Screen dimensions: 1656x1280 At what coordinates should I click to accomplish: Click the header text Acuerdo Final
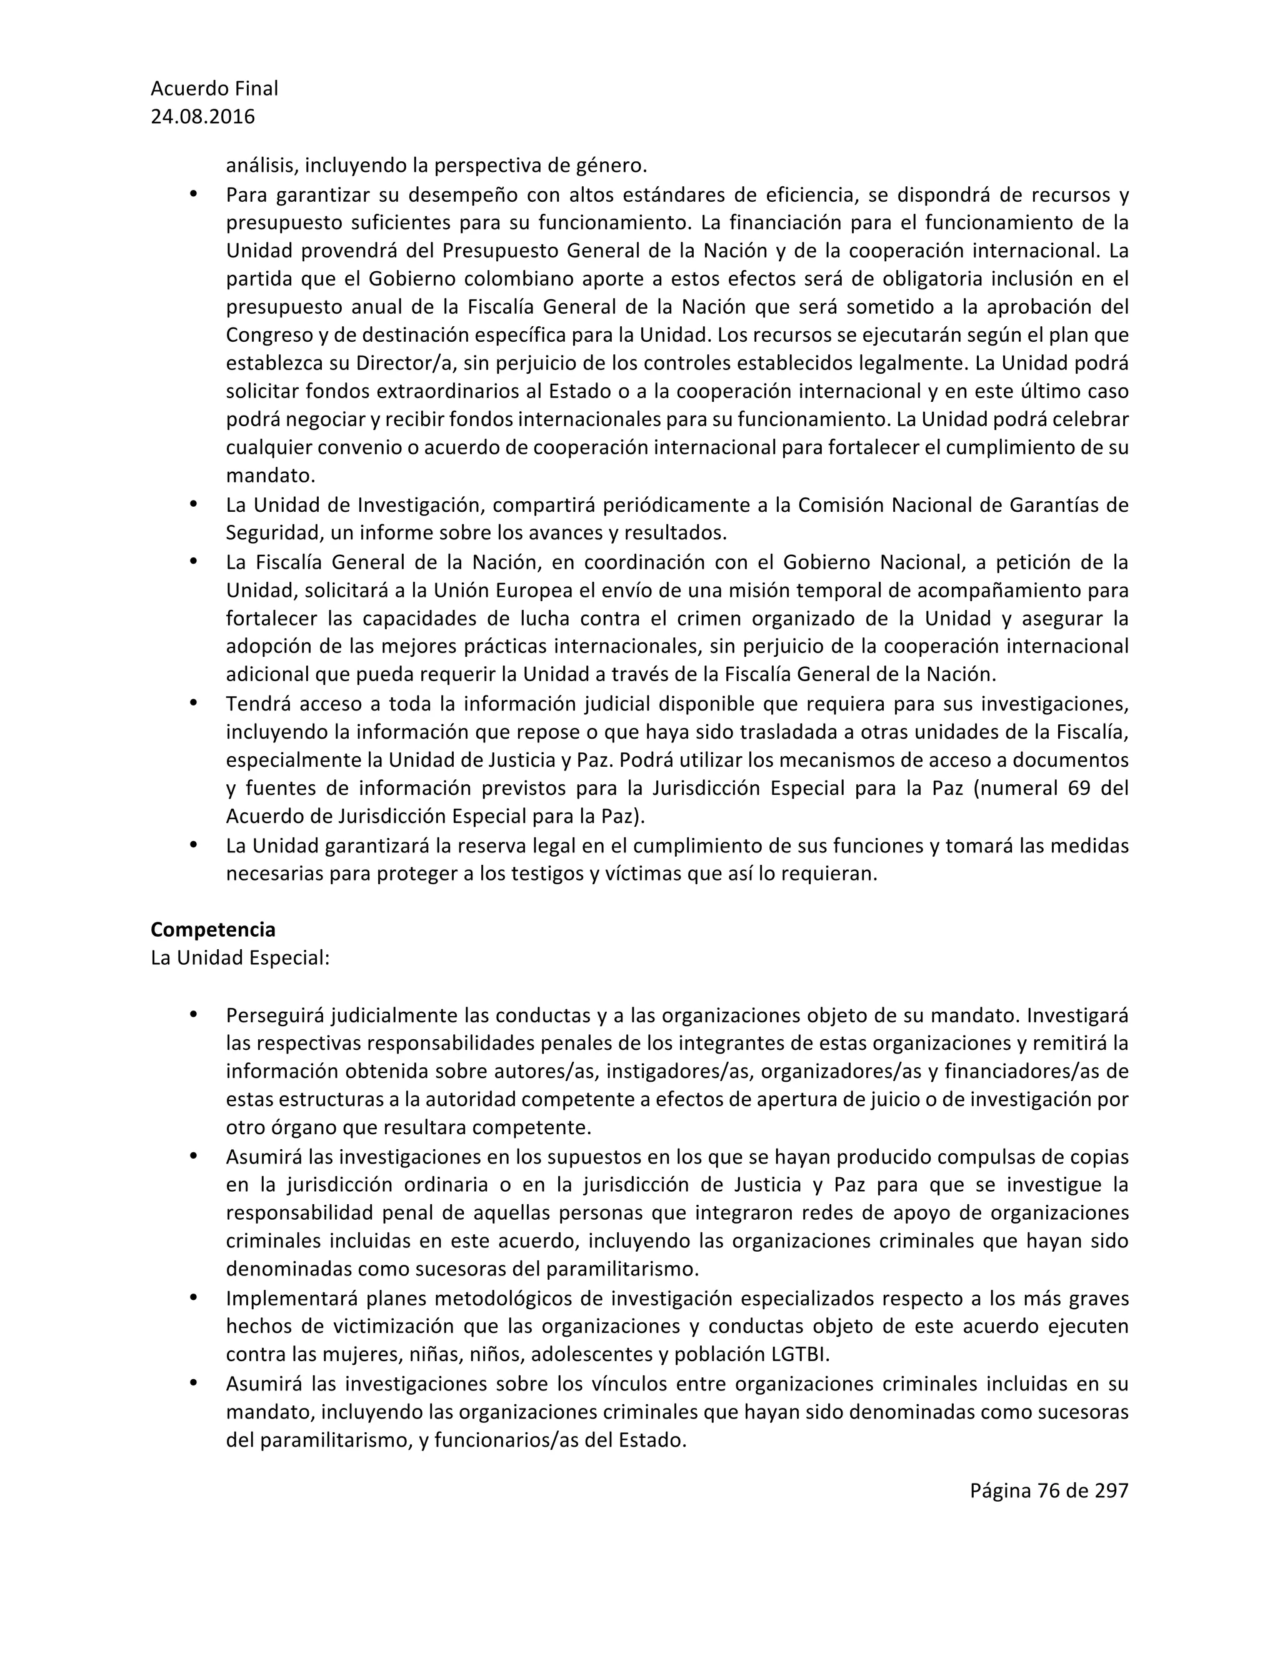click(x=214, y=89)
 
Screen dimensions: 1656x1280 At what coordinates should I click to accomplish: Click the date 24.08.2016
click(x=202, y=117)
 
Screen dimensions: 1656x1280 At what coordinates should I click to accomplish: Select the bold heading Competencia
click(x=212, y=930)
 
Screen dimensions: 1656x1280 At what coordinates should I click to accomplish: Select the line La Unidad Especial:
click(x=239, y=957)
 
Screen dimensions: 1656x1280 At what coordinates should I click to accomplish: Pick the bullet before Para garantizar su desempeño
click(x=192, y=194)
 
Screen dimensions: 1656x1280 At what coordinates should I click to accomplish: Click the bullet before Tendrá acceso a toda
click(x=192, y=703)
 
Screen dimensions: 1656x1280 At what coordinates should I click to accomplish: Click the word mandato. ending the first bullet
click(x=270, y=476)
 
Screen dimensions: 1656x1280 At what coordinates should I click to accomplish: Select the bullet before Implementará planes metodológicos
click(x=192, y=1297)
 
